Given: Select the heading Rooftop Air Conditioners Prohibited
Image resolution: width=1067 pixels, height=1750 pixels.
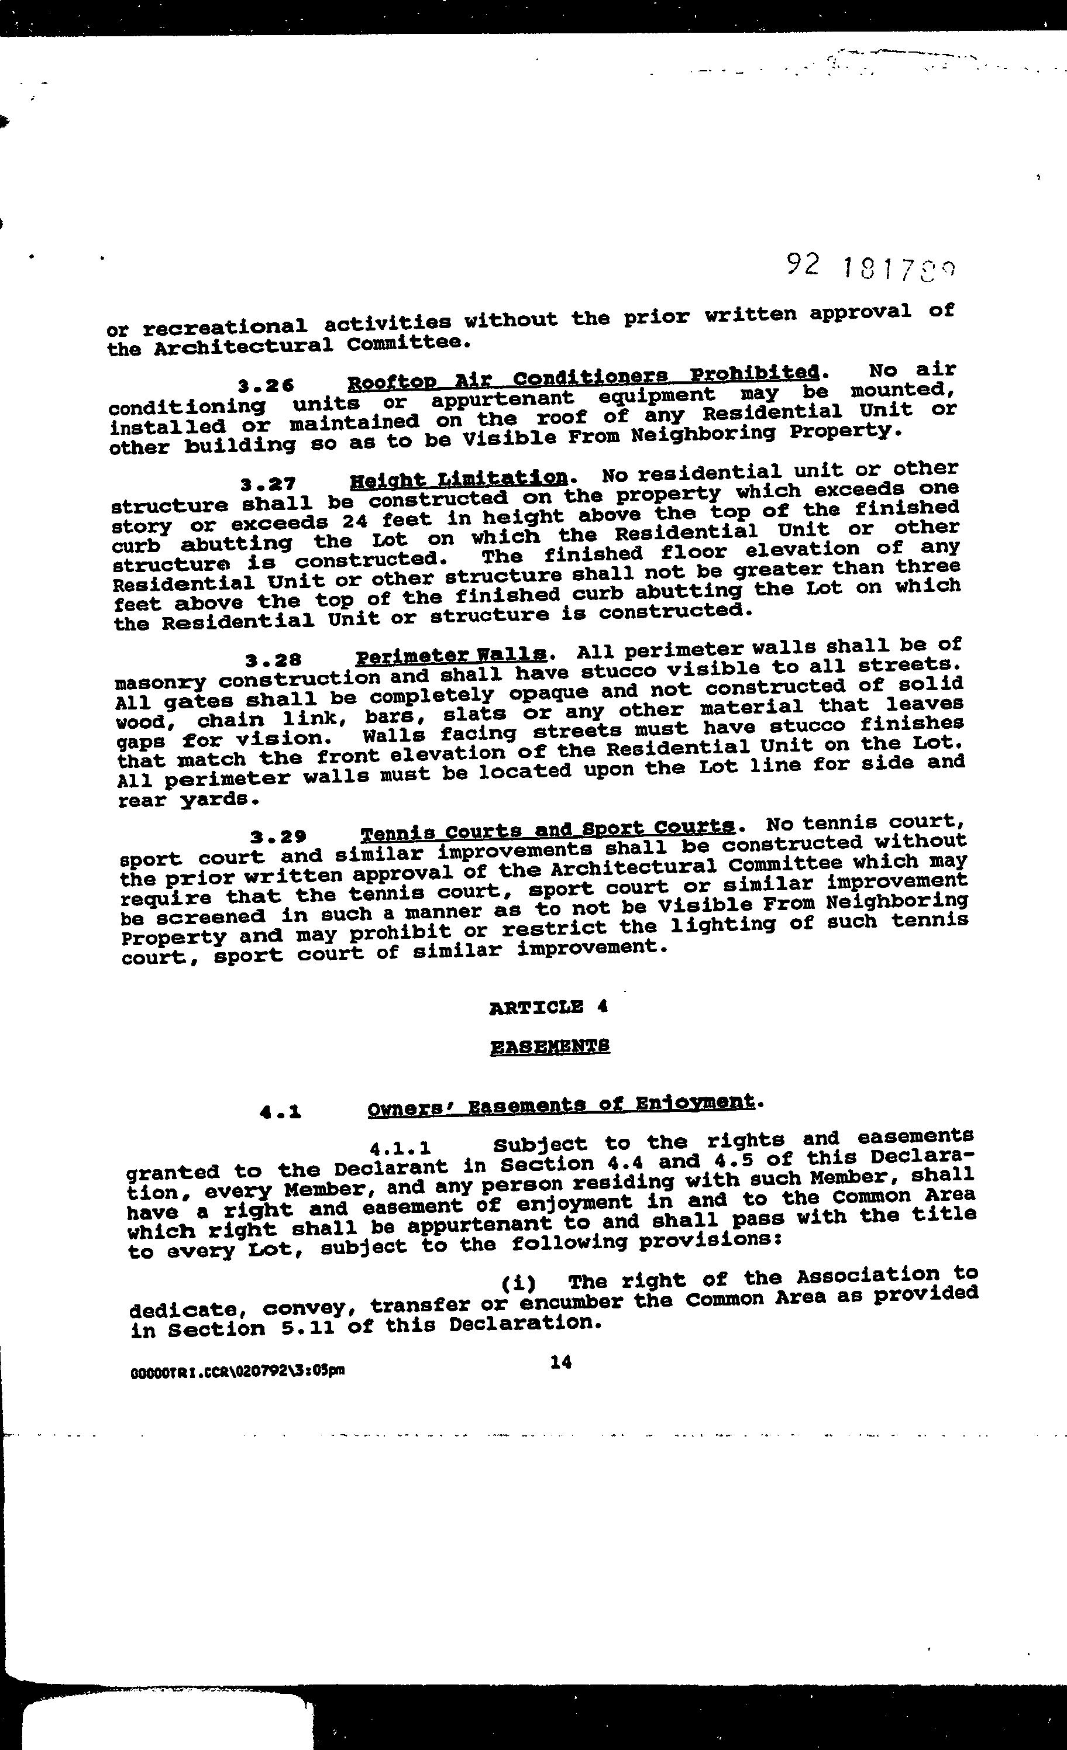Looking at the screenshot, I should (x=583, y=377).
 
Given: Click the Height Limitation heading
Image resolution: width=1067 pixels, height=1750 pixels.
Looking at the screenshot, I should (x=459, y=478).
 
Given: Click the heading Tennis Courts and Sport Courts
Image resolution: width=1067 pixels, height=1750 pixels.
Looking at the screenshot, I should (x=547, y=829).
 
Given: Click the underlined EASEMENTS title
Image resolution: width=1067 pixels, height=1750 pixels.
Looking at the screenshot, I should (x=550, y=1046).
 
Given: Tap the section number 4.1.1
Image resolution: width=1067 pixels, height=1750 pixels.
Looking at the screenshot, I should (x=401, y=1149).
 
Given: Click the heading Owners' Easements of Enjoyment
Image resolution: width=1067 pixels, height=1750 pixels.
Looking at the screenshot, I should (x=560, y=1104).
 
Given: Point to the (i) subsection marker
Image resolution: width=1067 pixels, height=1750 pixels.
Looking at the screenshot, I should (x=518, y=1283).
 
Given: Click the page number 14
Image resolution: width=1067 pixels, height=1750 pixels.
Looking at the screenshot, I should (x=560, y=1362).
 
